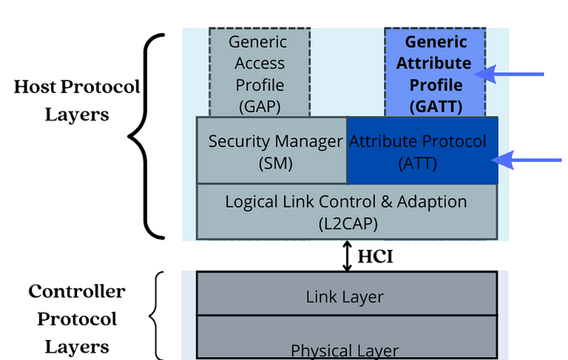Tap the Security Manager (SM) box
(271, 151)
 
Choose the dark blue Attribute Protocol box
(422, 151)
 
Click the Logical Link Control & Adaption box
(346, 211)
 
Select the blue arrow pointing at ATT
(530, 160)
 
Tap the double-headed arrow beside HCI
(346, 256)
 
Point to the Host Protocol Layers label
(76, 101)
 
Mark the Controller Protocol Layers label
(76, 319)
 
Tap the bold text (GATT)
(435, 106)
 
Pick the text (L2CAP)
(346, 222)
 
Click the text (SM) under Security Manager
(271, 163)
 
